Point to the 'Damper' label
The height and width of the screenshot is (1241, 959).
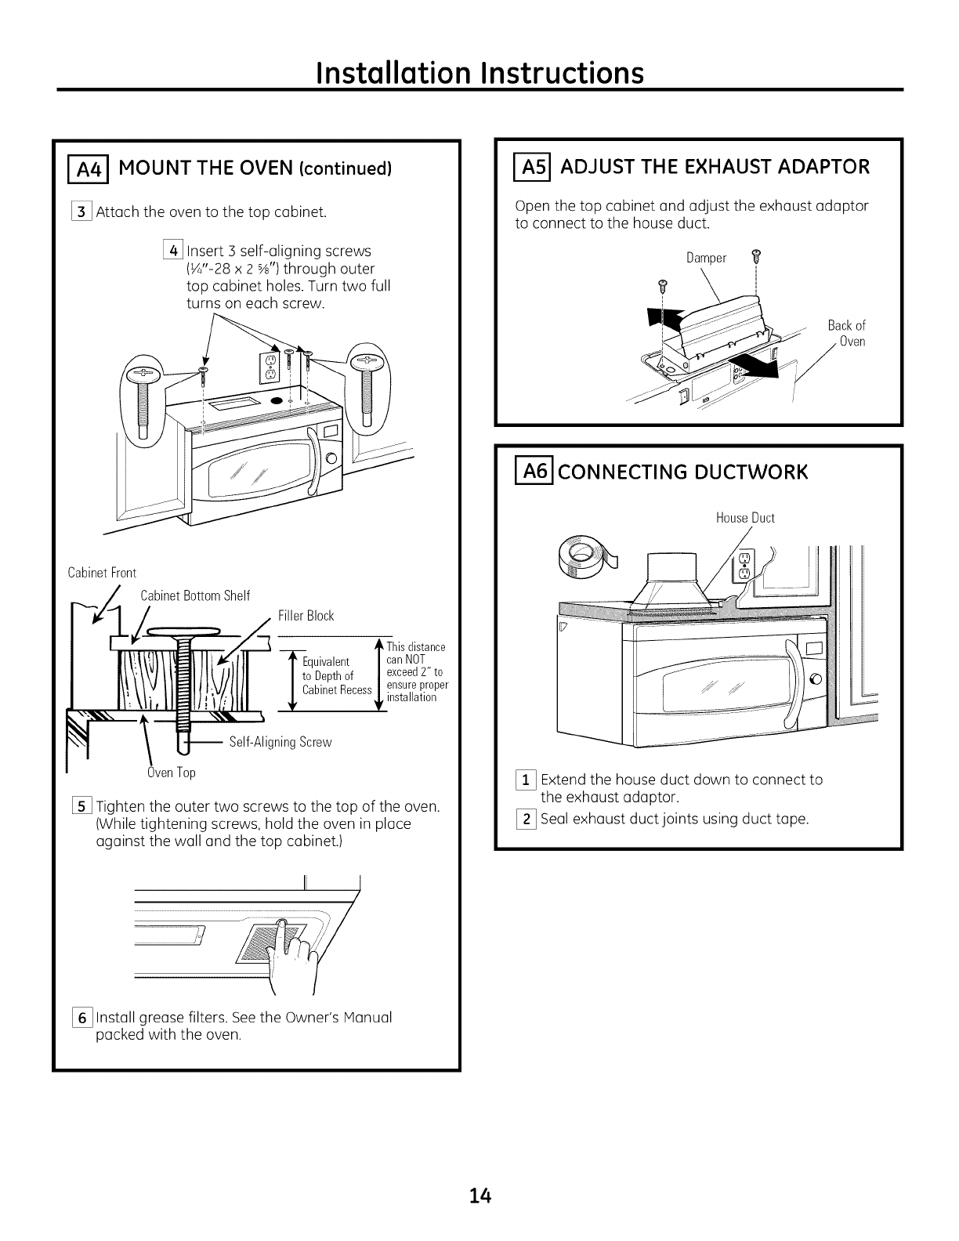tap(707, 258)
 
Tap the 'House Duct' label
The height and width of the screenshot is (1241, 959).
tap(745, 518)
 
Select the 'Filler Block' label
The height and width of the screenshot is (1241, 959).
tap(306, 616)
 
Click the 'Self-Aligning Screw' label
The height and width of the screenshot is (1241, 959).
tap(280, 742)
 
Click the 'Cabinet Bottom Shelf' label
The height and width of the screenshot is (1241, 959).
tap(195, 596)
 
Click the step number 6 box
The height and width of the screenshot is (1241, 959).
tap(81, 1018)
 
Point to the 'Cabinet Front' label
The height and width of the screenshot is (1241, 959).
tap(102, 573)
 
